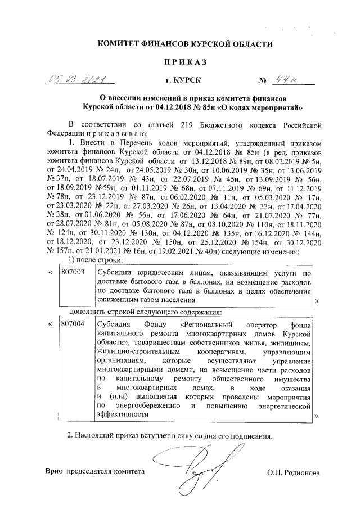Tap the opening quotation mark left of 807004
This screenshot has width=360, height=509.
pos(51,325)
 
